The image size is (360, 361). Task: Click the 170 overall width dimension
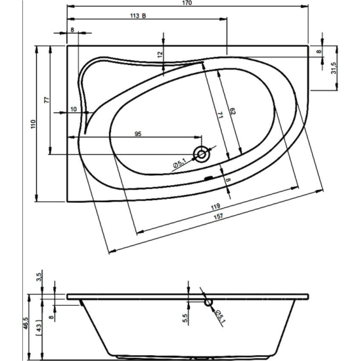(x=188, y=3)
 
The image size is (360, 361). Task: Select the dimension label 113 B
(x=138, y=16)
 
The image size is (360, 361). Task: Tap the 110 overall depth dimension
(x=34, y=124)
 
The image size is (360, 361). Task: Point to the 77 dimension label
(x=47, y=100)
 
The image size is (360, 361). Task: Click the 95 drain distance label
(x=138, y=133)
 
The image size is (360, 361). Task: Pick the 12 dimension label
(x=160, y=54)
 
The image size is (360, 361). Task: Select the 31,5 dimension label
(x=334, y=68)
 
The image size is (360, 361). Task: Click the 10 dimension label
(x=74, y=109)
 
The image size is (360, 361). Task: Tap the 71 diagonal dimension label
(x=221, y=115)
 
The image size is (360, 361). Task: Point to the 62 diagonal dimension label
(x=233, y=111)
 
